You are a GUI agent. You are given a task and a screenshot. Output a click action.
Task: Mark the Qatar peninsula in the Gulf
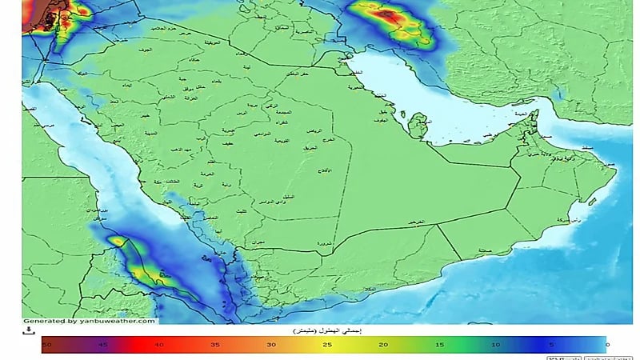[416, 125]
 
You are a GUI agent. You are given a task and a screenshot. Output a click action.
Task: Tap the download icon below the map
[29, 330]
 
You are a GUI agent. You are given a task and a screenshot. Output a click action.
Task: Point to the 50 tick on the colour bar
[47, 343]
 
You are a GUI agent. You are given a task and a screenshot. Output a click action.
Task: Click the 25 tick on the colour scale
[328, 343]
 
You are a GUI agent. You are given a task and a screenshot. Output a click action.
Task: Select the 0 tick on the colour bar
[606, 343]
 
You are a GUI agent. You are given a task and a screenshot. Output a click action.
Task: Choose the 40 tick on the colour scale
[159, 343]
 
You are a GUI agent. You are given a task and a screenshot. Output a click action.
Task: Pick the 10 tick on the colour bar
[495, 343]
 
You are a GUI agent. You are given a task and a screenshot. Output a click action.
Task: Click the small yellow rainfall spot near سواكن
[118, 240]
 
